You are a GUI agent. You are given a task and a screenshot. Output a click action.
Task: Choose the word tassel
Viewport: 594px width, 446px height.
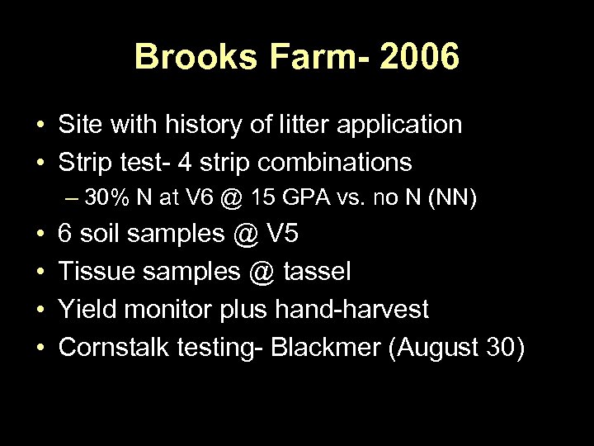point(318,272)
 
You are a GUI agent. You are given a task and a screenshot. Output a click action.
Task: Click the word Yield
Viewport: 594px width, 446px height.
point(86,310)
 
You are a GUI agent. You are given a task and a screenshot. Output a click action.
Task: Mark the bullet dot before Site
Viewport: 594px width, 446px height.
point(40,126)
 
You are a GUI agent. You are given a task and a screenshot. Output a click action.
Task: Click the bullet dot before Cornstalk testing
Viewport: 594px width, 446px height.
point(40,348)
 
